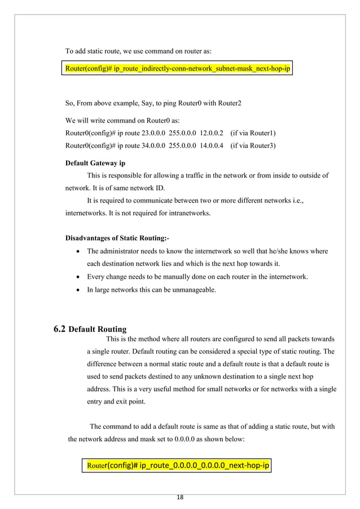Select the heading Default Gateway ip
(x=95, y=163)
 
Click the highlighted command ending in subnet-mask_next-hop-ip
(x=178, y=69)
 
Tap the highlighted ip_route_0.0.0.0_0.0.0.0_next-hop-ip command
(x=177, y=466)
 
